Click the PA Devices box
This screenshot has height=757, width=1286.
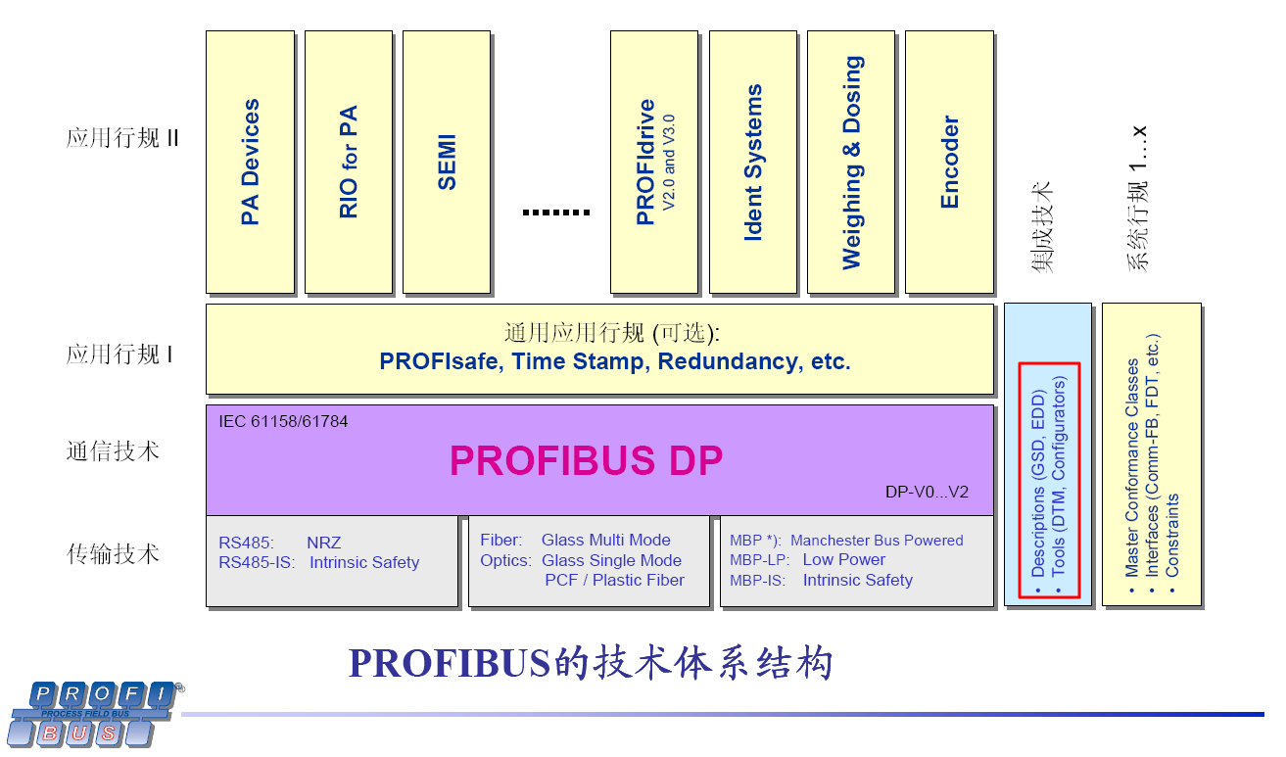coord(250,162)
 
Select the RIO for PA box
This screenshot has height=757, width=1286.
coord(349,162)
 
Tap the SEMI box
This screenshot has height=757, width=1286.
coord(447,162)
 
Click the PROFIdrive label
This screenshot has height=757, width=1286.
coord(646,162)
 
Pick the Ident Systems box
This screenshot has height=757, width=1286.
coord(752,162)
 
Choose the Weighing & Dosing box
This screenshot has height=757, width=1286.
coord(852,162)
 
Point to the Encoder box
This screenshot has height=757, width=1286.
coord(949,162)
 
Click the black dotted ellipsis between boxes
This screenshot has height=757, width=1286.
coord(555,212)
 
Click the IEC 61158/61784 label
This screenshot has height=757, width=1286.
coord(284,421)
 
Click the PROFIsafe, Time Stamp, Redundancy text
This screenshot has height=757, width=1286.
coord(615,361)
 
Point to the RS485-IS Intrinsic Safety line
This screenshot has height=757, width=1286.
coord(319,562)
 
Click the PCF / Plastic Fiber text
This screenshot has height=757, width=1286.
coord(614,580)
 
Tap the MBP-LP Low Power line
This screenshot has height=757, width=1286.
coord(807,559)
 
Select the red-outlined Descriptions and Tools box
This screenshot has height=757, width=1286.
coord(1048,481)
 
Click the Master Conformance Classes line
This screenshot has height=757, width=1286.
coord(1131,468)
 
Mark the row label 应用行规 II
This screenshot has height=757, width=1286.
coord(122,138)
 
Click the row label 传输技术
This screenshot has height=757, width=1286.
coord(113,554)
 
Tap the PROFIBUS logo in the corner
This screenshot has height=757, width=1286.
coord(93,713)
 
